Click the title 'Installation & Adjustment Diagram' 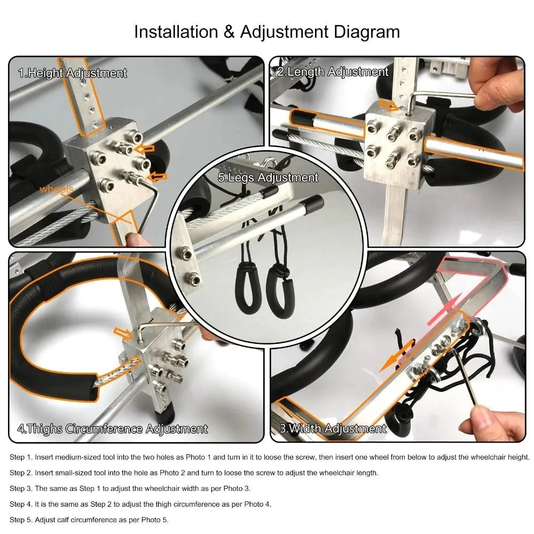coord(266,32)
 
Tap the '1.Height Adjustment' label coord(73,73)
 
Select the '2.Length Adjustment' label coord(333,72)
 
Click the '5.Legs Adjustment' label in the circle coord(268,177)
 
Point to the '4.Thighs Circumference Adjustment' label coord(112,429)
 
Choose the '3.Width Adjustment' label coord(333,428)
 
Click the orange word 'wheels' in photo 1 coord(56,189)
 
